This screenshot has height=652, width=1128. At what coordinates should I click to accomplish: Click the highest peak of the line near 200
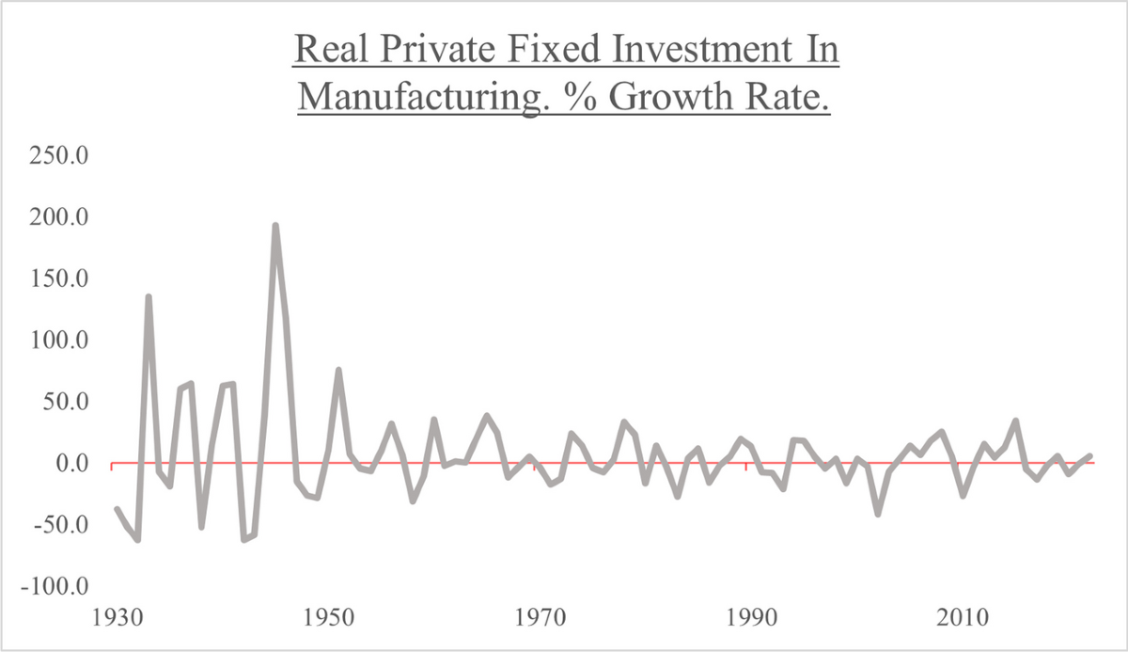[274, 226]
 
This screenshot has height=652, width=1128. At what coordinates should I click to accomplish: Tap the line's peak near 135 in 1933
[149, 297]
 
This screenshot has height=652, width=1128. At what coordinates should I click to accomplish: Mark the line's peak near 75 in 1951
[338, 371]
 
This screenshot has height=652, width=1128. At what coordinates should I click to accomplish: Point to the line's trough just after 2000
[878, 513]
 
